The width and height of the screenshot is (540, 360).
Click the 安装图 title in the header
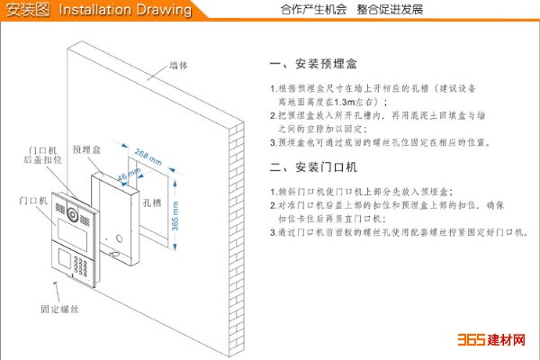coord(27,10)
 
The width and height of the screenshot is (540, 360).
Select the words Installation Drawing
coord(126,10)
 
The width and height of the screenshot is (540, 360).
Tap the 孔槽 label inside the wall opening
coord(152,203)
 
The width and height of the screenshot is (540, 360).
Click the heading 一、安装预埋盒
coord(314,66)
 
